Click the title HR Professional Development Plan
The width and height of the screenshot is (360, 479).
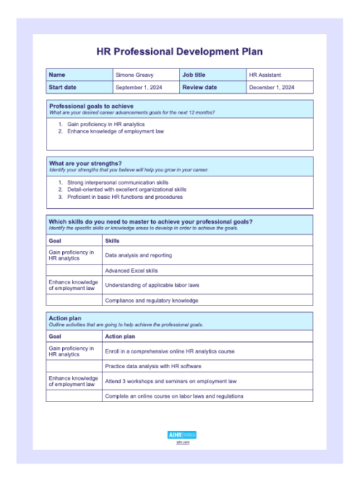[179, 52]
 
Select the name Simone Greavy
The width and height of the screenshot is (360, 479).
[134, 75]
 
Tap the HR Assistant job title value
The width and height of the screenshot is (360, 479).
[265, 75]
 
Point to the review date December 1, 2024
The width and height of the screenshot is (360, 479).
[272, 87]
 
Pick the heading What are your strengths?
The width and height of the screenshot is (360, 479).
[85, 163]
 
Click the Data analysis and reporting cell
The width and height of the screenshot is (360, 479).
[138, 255]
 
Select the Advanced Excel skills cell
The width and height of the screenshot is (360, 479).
[131, 270]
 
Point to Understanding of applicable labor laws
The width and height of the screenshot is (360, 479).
[152, 285]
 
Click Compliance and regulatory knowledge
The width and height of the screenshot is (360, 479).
[151, 301]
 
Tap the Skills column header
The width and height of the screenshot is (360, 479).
[112, 241]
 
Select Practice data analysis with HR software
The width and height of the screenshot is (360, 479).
[153, 366]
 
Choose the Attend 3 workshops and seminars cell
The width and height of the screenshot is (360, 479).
[170, 381]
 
